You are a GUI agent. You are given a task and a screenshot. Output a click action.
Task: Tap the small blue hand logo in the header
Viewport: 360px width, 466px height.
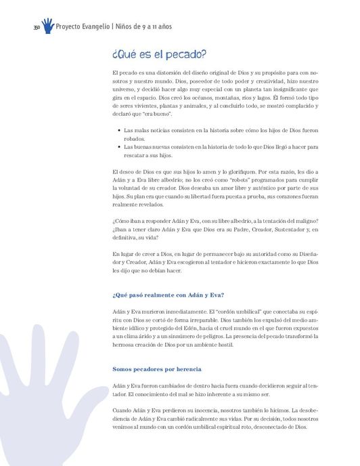pos(47,26)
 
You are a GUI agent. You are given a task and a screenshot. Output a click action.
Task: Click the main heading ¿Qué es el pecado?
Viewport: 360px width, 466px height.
pos(159,54)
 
